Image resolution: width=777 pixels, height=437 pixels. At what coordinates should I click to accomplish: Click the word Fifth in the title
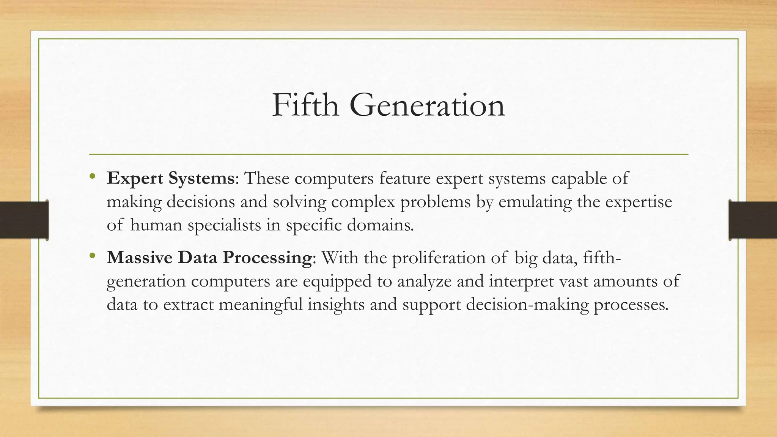click(305, 105)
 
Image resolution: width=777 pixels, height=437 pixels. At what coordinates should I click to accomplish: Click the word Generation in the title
click(427, 105)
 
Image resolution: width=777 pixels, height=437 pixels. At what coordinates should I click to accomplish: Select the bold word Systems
click(201, 178)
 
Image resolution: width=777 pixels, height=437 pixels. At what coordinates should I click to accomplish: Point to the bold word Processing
click(267, 258)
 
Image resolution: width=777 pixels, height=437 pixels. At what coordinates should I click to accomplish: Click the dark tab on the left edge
click(24, 220)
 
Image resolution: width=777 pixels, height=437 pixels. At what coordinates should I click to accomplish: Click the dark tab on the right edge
click(753, 220)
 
